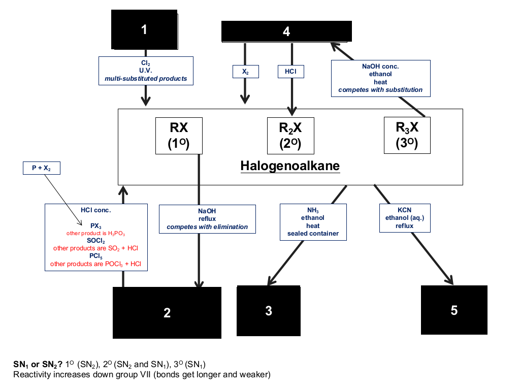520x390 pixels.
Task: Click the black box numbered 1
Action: (144, 29)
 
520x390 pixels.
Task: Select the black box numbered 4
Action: (286, 31)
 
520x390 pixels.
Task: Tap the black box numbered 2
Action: (167, 312)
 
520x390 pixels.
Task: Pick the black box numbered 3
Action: (269, 311)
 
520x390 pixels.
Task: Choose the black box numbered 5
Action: (454, 310)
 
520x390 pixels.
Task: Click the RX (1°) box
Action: (179, 136)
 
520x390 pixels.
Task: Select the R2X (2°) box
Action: (290, 136)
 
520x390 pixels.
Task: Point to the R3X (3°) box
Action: (407, 135)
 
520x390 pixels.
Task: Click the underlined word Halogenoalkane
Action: (290, 166)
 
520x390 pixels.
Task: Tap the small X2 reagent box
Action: (246, 72)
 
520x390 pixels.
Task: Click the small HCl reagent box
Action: (291, 72)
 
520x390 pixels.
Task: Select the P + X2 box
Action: (42, 168)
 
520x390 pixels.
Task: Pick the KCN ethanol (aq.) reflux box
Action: (405, 218)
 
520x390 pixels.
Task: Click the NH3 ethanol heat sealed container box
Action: (313, 222)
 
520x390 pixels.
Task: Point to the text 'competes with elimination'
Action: (207, 227)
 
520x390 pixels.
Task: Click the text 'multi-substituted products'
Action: (146, 79)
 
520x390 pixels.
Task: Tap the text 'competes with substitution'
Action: (380, 90)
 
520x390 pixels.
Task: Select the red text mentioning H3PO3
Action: (95, 234)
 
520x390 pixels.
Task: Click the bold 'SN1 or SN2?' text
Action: (38, 365)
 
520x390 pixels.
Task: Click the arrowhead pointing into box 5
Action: (450, 280)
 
